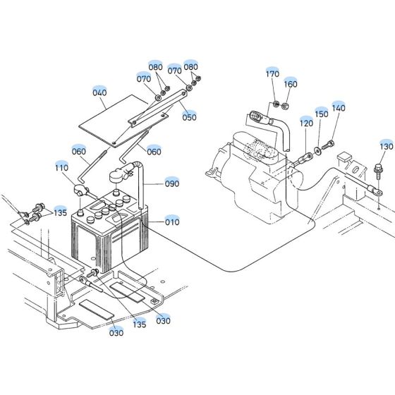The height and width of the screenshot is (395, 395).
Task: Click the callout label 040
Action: (x=99, y=92)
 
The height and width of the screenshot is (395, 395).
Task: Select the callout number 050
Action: (x=189, y=117)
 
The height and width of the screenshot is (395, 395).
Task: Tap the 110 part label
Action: (x=62, y=168)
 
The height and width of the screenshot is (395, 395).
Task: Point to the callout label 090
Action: (x=172, y=183)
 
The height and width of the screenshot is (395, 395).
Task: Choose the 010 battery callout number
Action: (x=172, y=221)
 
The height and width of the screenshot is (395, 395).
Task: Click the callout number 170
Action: (x=272, y=74)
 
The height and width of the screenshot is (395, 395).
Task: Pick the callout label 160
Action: (x=291, y=84)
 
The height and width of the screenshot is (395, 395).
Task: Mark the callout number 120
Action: (x=305, y=123)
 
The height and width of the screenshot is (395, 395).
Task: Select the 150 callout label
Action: (x=321, y=114)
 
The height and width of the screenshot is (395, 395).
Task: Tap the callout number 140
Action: (x=339, y=108)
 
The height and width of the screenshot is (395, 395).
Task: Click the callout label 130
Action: (x=386, y=146)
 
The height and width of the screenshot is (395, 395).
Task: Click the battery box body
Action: (x=106, y=240)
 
